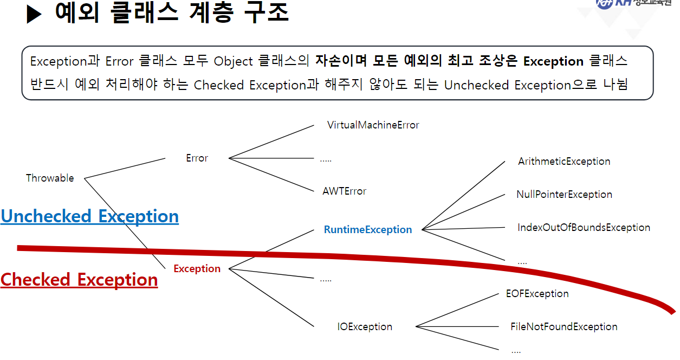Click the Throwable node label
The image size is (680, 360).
coord(50,178)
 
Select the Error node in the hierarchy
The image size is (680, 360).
coord(197,158)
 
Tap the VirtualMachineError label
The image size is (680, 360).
coord(373,125)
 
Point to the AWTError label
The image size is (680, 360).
coord(344,191)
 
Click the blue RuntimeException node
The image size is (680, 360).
coord(367,230)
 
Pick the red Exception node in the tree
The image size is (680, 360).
coord(197,269)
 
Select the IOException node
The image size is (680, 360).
coord(365,327)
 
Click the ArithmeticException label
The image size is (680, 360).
coord(564,162)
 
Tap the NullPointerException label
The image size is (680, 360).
coord(564,195)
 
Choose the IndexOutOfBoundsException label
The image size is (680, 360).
coord(584,228)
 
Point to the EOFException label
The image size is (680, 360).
coord(537,294)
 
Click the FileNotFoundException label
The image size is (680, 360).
coord(564,327)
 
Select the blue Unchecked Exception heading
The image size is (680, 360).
coord(89,216)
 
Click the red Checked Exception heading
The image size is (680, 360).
coord(79,280)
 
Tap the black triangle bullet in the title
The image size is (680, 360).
coord(34,14)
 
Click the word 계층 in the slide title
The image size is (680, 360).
coord(212,13)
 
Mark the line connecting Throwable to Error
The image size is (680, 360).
coord(125,168)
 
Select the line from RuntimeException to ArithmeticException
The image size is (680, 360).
coord(463,196)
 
